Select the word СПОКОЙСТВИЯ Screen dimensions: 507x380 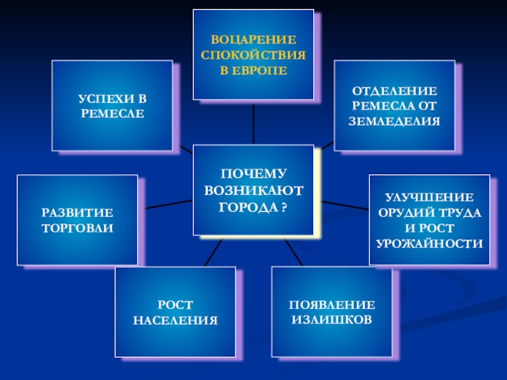click(253, 55)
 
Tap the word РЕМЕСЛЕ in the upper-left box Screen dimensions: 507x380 click(112, 114)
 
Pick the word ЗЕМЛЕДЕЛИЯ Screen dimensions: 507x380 click(394, 120)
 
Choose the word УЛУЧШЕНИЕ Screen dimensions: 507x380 click(430, 198)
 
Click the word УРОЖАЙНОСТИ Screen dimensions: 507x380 click(430, 243)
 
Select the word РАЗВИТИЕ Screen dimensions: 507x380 click(77, 212)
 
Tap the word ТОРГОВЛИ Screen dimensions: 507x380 click(77, 227)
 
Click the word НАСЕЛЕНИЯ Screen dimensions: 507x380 click(175, 320)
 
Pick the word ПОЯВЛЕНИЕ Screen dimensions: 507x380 click(331, 305)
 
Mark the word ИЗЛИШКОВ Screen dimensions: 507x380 click(331, 320)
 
